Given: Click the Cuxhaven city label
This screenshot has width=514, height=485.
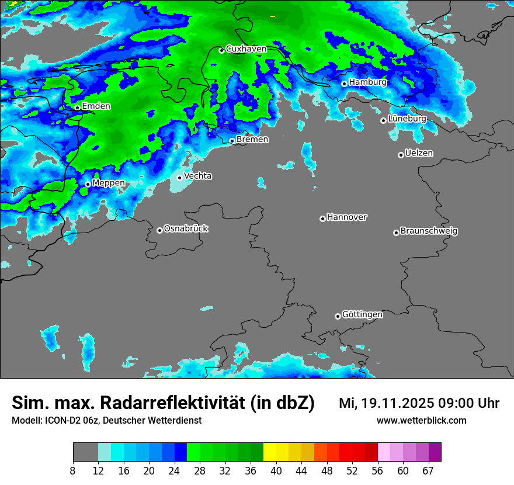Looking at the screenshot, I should pyautogui.click(x=246, y=49).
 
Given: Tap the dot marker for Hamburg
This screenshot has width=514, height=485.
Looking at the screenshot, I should pyautogui.click(x=344, y=84).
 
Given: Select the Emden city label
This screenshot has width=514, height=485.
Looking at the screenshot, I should pyautogui.click(x=96, y=106).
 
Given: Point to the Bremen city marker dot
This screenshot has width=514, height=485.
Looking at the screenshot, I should pyautogui.click(x=232, y=141).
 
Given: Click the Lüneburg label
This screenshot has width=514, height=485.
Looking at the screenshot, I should pyautogui.click(x=407, y=119).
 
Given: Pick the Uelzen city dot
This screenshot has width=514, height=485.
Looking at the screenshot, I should pyautogui.click(x=401, y=155).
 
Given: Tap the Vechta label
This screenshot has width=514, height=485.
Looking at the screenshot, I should pyautogui.click(x=198, y=176).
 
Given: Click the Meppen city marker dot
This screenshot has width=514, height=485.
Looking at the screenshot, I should pyautogui.click(x=88, y=184).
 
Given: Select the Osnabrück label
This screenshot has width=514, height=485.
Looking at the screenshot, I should pyautogui.click(x=186, y=228).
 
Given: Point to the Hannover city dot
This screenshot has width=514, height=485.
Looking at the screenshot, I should pyautogui.click(x=322, y=219).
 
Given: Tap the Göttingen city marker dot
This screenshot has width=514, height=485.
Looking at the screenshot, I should pyautogui.click(x=338, y=316).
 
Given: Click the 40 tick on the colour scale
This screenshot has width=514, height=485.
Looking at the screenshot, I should pyautogui.click(x=276, y=471).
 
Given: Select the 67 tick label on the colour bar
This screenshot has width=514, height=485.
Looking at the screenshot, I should pyautogui.click(x=428, y=471).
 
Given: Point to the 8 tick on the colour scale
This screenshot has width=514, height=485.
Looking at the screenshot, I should pyautogui.click(x=73, y=471).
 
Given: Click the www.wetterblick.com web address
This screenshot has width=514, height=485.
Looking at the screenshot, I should pyautogui.click(x=422, y=421).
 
